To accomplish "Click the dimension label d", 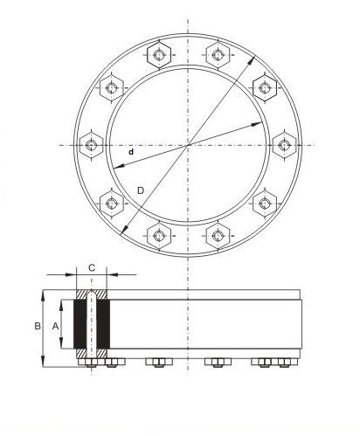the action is (x=131, y=152).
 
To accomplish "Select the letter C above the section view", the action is (x=92, y=267).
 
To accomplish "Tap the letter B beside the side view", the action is (x=38, y=326).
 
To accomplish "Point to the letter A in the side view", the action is (x=55, y=327).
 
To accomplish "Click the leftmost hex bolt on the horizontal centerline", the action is (x=91, y=145).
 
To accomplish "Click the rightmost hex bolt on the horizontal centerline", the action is (x=284, y=145).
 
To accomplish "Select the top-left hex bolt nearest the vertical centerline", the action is (x=159, y=55).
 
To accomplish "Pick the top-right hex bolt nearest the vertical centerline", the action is (x=218, y=55).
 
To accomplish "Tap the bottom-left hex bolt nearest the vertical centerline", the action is (x=159, y=235).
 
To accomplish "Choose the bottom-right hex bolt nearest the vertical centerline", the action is (x=218, y=235).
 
